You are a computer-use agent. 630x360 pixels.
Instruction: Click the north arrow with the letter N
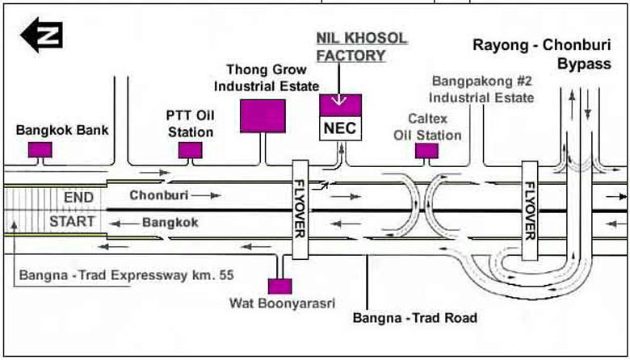(x=40, y=35)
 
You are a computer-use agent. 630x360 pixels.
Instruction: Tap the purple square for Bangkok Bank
(x=40, y=149)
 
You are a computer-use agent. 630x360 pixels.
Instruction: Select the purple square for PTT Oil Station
(x=190, y=149)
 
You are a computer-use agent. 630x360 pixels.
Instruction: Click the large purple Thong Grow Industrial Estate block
(x=262, y=115)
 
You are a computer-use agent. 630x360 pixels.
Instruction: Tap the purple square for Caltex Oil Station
(x=426, y=150)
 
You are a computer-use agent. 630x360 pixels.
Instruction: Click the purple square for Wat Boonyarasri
(x=279, y=286)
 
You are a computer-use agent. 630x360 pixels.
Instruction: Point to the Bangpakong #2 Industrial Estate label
(x=482, y=89)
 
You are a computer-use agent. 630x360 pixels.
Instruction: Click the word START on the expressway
(x=72, y=221)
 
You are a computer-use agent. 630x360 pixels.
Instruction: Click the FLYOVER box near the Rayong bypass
(x=530, y=209)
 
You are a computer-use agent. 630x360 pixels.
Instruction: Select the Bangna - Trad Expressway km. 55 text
(x=126, y=275)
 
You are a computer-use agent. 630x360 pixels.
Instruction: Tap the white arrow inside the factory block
(x=340, y=102)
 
